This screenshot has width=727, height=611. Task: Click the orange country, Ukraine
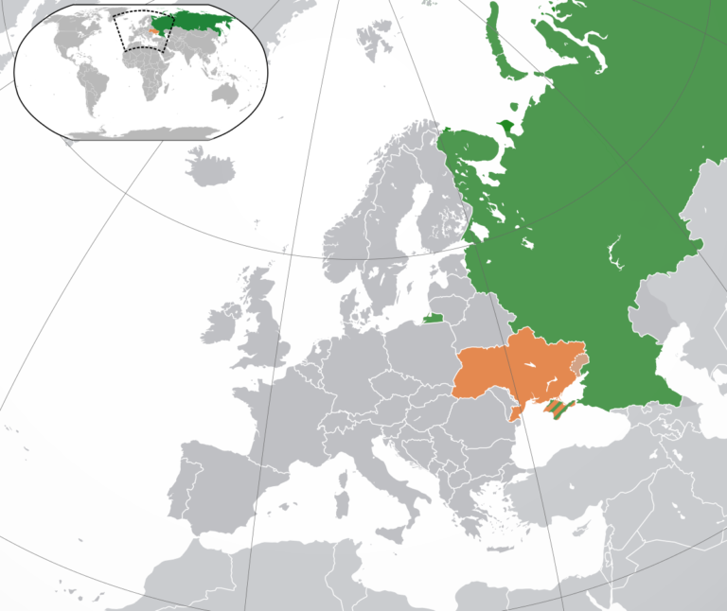[502, 374]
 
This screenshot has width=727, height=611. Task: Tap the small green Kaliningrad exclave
[433, 319]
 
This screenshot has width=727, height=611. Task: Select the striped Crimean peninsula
[559, 409]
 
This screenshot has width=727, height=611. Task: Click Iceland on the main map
[210, 170]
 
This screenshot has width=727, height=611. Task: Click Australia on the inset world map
[225, 94]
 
